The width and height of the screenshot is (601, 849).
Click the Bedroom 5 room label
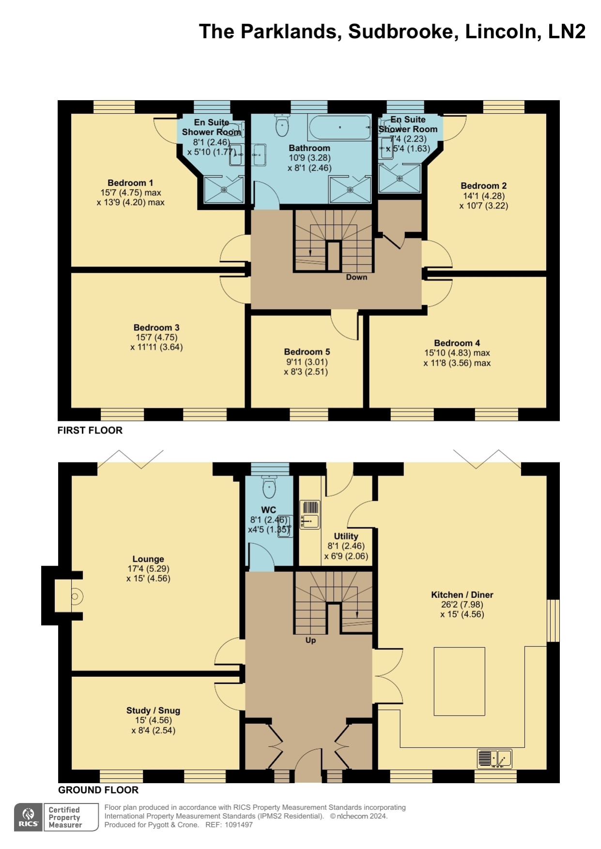click(307, 352)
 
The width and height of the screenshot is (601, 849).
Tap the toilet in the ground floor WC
click(269, 486)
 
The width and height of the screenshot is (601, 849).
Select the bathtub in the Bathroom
click(339, 127)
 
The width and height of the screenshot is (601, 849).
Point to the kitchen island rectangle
click(459, 681)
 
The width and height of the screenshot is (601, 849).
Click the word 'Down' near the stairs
click(356, 277)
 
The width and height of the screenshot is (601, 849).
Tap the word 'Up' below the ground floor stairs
click(310, 640)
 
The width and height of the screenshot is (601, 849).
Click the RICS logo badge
click(29, 817)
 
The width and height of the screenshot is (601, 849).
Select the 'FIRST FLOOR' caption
click(90, 430)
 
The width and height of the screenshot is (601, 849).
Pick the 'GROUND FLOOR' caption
click(98, 790)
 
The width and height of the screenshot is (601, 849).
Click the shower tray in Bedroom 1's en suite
click(224, 189)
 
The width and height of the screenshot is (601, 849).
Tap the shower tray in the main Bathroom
click(350, 189)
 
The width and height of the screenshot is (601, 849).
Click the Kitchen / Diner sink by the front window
click(494, 759)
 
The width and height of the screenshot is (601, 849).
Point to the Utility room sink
click(309, 515)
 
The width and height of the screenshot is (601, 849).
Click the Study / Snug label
click(153, 710)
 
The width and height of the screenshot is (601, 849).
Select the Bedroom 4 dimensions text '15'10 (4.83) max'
click(457, 353)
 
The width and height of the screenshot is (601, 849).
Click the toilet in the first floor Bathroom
click(282, 125)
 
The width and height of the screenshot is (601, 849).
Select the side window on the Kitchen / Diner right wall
click(553, 621)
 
